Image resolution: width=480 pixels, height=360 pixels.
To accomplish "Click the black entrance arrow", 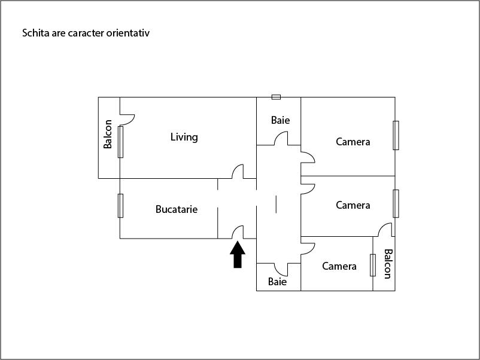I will tap(238, 254).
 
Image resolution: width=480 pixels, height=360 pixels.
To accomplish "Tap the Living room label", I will tap(184, 137).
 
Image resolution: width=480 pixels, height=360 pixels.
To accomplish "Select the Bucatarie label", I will tap(177, 209).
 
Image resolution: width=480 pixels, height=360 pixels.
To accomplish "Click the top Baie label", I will tap(280, 120).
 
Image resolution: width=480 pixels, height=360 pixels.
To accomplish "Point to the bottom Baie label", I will tap(277, 282).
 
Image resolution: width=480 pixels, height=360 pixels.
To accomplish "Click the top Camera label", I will tap(353, 142).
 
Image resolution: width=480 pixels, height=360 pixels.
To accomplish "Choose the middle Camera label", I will tap(353, 205).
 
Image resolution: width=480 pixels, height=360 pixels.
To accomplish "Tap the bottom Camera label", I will tap(339, 266).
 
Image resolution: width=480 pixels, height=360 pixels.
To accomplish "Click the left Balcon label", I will tap(108, 135).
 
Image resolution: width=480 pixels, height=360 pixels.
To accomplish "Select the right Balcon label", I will tap(387, 264).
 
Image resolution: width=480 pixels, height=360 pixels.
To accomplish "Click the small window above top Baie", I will tap(276, 97).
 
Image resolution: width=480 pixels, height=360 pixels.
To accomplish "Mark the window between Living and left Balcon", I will tap(120, 142).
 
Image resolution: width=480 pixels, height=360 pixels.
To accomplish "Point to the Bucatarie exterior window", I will tap(120, 206).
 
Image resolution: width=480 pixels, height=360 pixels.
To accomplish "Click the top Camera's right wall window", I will tap(396, 135).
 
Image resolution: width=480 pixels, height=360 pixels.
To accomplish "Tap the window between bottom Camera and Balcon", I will tap(373, 266).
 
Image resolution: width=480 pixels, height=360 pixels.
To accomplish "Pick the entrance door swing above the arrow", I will tap(238, 231).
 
